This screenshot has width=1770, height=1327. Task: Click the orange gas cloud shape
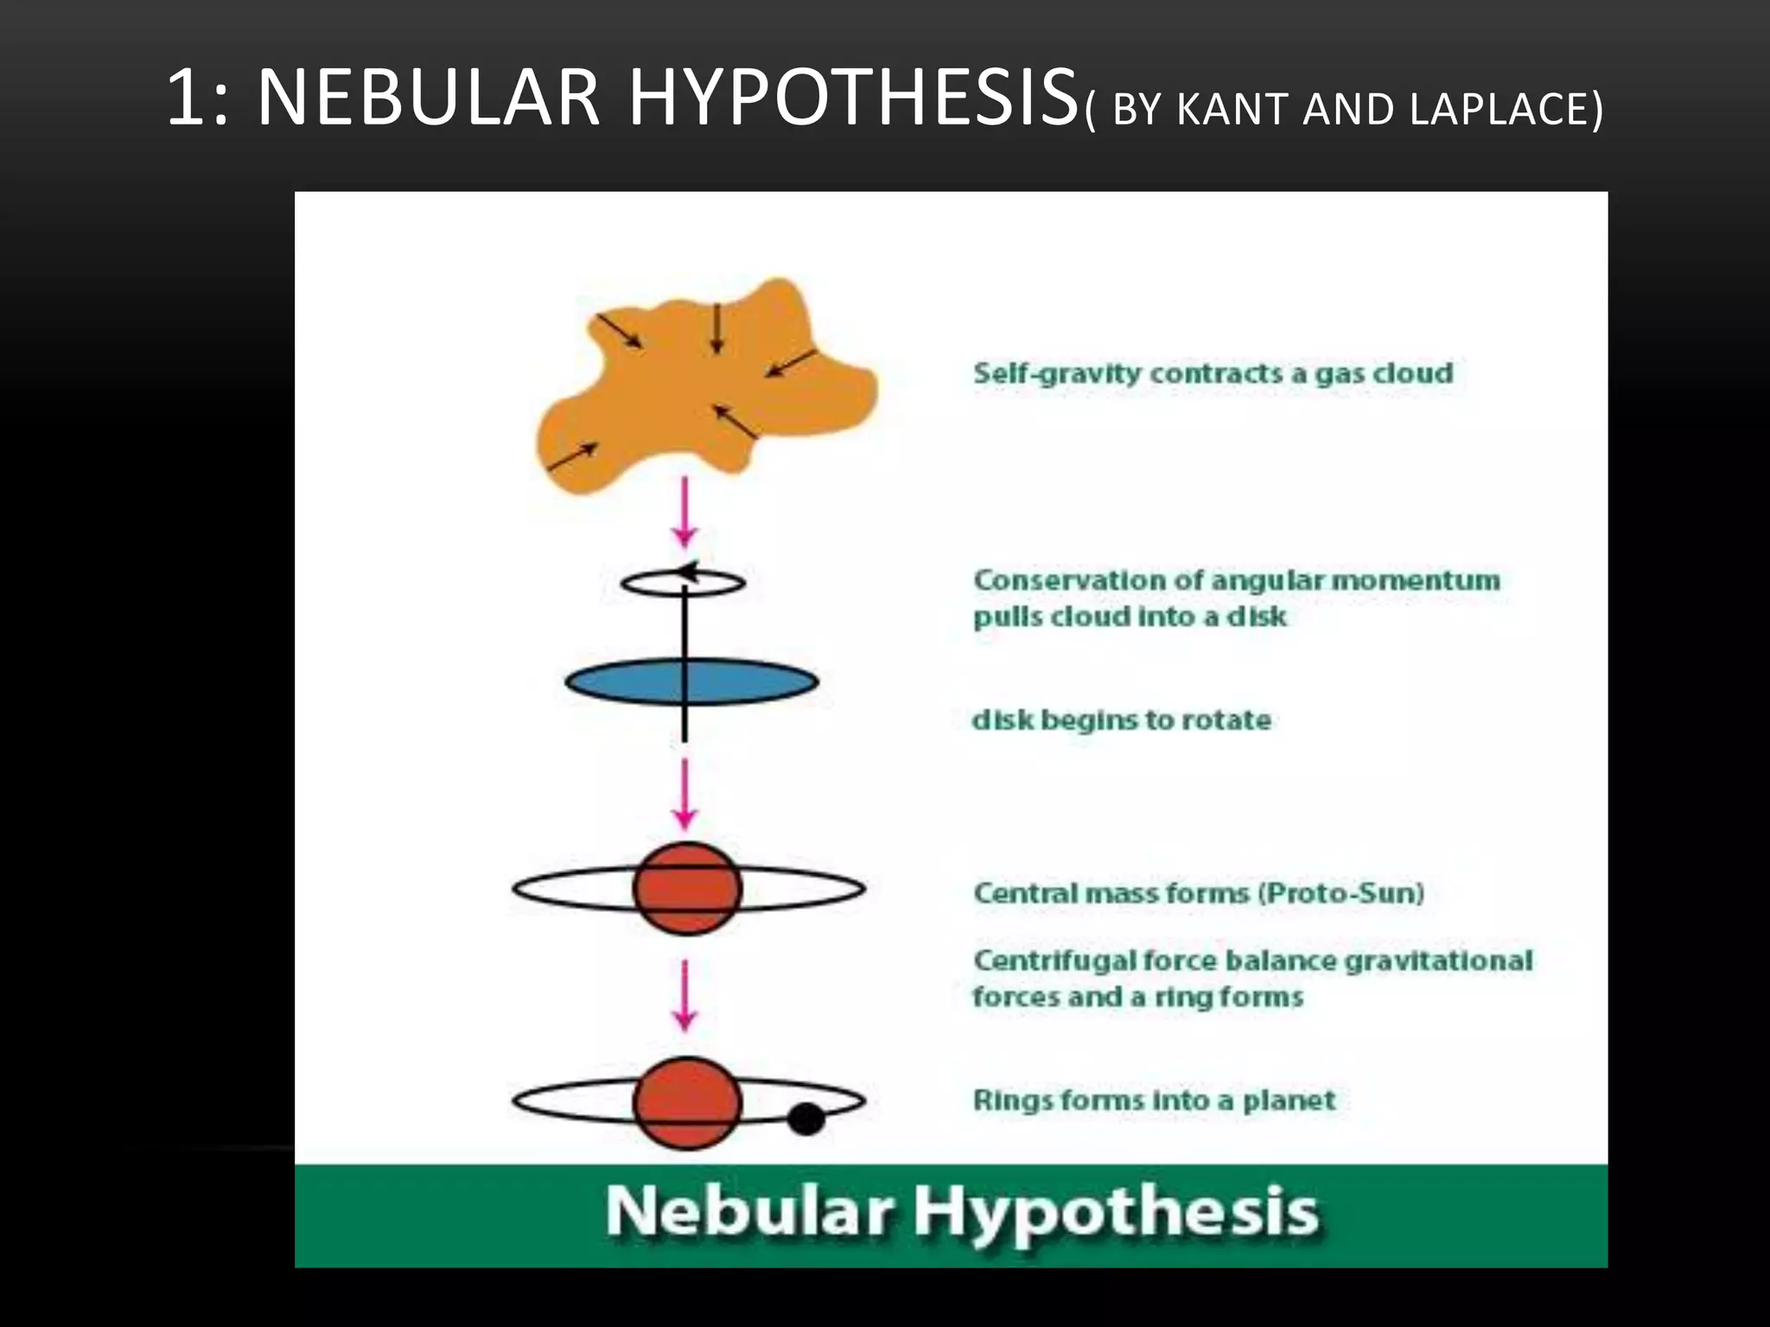pos(657,406)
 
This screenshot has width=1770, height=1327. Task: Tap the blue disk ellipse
pos(622,683)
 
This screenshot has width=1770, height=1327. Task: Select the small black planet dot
pos(806,1119)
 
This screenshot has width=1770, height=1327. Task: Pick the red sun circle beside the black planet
pos(687,1103)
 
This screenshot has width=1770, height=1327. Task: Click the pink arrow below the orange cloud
pos(684,513)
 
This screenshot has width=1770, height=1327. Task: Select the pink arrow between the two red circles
pos(684,996)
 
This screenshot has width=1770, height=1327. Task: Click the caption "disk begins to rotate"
pos(1121,720)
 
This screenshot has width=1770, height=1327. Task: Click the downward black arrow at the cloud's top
pos(716,330)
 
